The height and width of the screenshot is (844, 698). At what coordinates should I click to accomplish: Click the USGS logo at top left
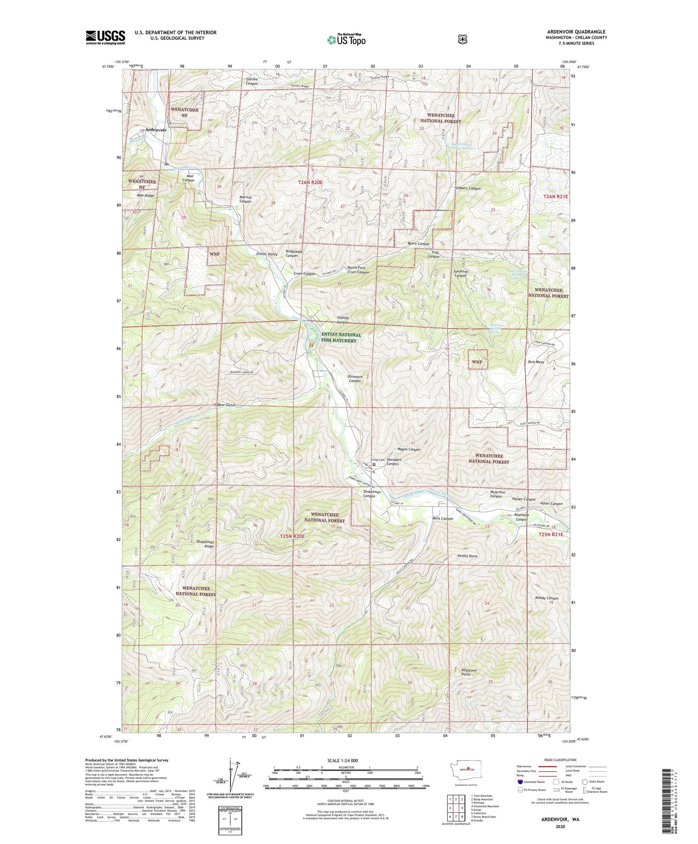pyautogui.click(x=106, y=37)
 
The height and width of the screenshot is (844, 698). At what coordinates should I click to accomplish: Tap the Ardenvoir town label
pyautogui.click(x=156, y=130)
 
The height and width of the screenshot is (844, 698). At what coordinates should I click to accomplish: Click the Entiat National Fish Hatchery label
pyautogui.click(x=341, y=338)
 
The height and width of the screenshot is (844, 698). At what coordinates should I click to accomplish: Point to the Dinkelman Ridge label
pyautogui.click(x=205, y=544)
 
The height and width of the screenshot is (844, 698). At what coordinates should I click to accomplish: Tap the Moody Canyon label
pyautogui.click(x=547, y=598)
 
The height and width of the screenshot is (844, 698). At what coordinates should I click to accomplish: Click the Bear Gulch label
pyautogui.click(x=227, y=405)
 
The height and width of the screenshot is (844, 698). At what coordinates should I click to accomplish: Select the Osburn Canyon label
pyautogui.click(x=468, y=189)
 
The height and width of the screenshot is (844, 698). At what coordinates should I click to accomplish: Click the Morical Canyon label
pyautogui.click(x=245, y=199)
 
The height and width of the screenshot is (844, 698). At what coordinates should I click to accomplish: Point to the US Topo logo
pyautogui.click(x=346, y=40)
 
